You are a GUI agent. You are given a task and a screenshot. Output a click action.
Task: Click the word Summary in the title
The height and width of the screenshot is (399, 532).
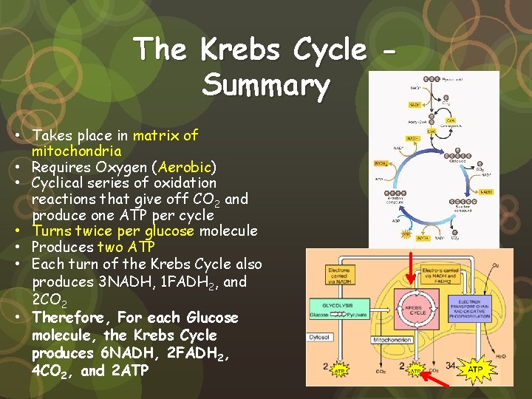[x=266, y=85]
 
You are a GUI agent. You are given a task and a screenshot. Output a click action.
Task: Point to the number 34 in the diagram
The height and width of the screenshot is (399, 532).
[x=450, y=365]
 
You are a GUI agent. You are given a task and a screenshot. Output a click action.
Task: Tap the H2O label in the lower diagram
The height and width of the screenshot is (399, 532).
[x=500, y=357]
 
